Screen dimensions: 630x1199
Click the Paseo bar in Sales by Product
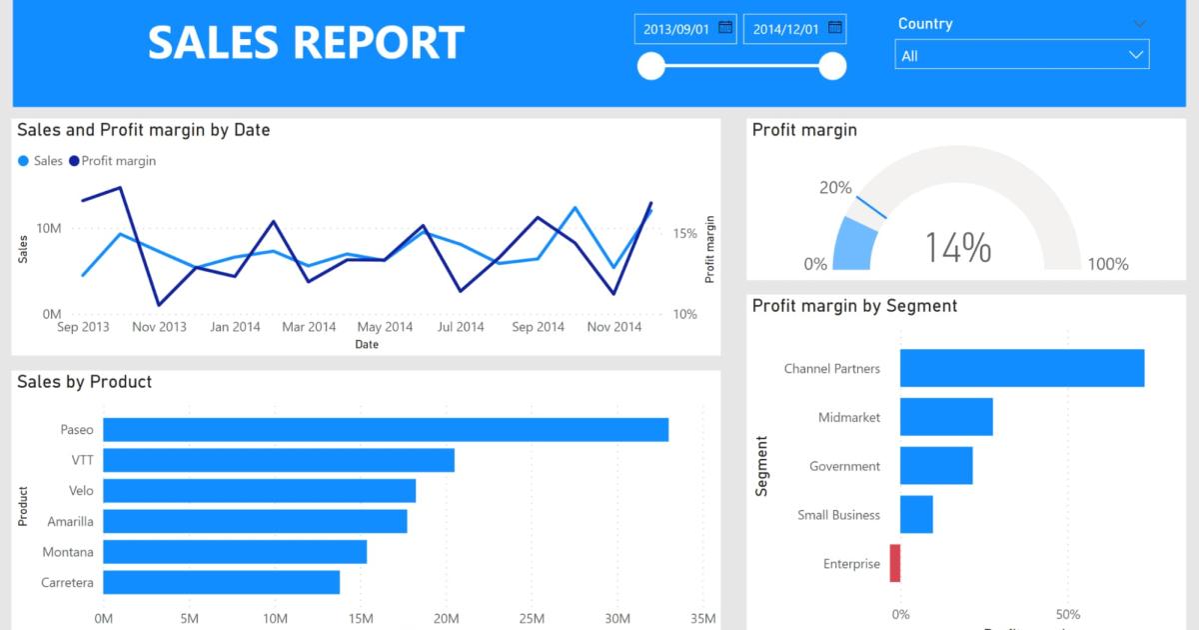(386, 430)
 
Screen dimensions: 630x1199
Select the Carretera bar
(221, 583)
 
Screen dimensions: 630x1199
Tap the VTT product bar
(279, 460)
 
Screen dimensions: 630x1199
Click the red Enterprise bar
(895, 563)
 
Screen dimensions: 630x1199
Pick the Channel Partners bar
(1021, 368)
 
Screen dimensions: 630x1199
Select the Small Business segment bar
(916, 514)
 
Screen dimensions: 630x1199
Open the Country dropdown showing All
(1021, 55)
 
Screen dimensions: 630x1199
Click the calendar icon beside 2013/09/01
(725, 28)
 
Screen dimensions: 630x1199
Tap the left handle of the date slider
(651, 66)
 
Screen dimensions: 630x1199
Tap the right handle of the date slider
(832, 66)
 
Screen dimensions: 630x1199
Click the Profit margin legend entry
(118, 160)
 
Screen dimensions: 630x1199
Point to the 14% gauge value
(957, 247)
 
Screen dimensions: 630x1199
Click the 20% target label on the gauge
(835, 187)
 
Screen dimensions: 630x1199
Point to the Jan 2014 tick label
(234, 327)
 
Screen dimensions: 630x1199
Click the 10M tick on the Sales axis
(48, 228)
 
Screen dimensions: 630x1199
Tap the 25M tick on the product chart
(532, 618)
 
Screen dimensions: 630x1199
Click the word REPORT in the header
(379, 43)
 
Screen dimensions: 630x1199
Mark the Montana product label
(68, 552)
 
